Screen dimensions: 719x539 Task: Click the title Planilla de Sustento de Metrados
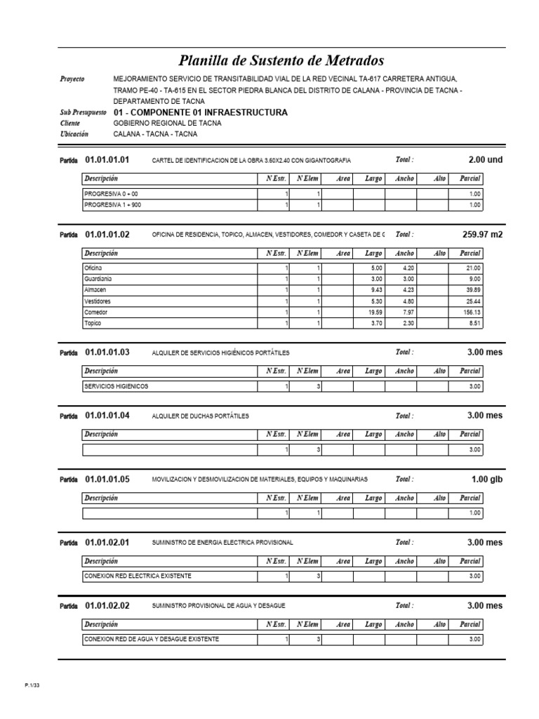[x=281, y=61]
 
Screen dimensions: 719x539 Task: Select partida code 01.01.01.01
[x=107, y=160]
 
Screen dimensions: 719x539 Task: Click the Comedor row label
[x=96, y=312]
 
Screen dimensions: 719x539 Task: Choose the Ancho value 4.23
[x=407, y=290]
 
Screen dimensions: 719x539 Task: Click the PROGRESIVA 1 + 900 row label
[x=112, y=205]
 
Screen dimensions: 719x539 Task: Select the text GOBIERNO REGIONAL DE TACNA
[x=167, y=123]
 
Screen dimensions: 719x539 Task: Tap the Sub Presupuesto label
[x=84, y=112]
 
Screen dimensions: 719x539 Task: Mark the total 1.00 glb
[x=487, y=480]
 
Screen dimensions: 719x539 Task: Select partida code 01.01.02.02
[x=107, y=605]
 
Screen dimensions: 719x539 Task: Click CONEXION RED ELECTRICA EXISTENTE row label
[x=137, y=576]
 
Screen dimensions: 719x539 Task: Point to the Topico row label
[x=93, y=324]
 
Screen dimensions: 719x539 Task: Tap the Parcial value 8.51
[x=474, y=324]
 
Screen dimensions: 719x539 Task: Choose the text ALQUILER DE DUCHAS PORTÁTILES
[x=200, y=416]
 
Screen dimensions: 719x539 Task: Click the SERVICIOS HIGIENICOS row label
[x=116, y=386]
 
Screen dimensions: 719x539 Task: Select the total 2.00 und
[x=485, y=160]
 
